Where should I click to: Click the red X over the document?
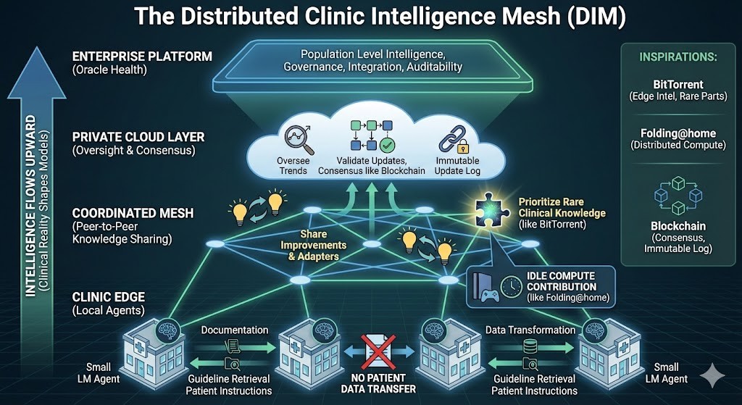point(378,351)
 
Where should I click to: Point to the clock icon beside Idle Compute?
point(511,287)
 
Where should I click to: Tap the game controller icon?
point(491,296)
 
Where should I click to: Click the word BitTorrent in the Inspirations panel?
point(678,85)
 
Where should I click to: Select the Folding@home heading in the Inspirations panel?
point(678,133)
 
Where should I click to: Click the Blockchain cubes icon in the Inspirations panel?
point(678,196)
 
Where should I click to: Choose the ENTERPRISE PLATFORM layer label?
point(142,57)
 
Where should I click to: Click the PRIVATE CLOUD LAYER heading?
point(138,137)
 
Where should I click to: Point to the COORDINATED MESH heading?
point(133,213)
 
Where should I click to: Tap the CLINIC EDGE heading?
point(109,297)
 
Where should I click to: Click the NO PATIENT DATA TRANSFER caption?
point(378,384)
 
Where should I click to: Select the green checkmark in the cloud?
point(388,144)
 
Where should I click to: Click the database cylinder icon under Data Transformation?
point(530,347)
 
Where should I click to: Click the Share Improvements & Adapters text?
point(313,245)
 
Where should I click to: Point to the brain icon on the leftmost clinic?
point(167,329)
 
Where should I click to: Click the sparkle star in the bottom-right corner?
point(712,376)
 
